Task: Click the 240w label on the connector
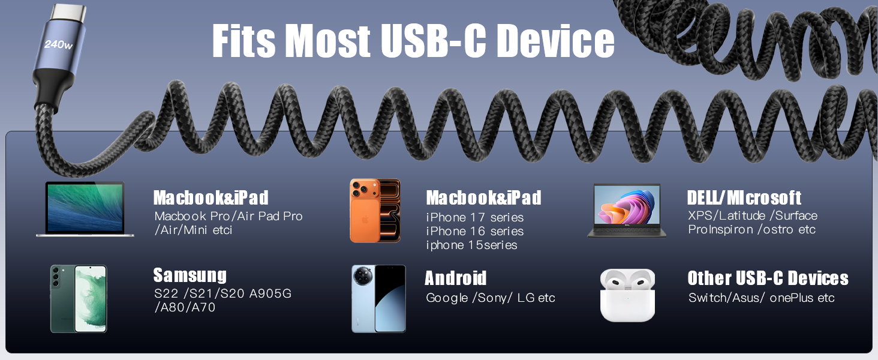click(58, 45)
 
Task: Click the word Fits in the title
click(243, 41)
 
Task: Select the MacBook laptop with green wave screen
click(85, 209)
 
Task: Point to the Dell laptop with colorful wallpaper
click(627, 211)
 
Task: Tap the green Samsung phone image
click(78, 298)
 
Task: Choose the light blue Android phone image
click(378, 298)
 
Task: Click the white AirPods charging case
click(627, 295)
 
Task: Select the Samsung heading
click(190, 275)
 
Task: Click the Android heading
click(455, 278)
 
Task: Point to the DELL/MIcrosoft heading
click(744, 197)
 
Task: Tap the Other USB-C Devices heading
click(768, 278)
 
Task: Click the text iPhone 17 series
click(474, 217)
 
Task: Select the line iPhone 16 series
click(474, 231)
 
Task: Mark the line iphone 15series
click(471, 245)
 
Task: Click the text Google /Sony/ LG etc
click(490, 298)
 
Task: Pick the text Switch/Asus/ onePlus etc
click(761, 298)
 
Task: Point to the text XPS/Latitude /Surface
click(752, 215)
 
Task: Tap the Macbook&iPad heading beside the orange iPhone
click(483, 197)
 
